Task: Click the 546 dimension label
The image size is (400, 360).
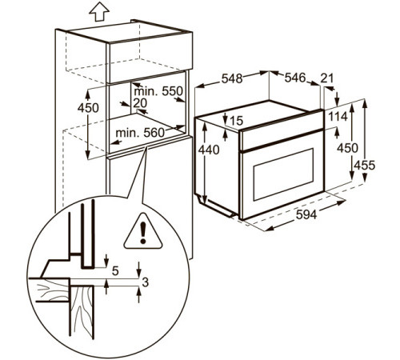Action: click(295, 78)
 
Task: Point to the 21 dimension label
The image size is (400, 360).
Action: click(326, 78)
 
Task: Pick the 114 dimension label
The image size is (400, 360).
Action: click(337, 117)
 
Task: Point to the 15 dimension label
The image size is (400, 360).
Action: click(236, 120)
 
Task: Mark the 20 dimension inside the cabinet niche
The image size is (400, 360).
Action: click(142, 103)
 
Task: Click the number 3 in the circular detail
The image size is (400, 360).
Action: click(146, 281)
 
